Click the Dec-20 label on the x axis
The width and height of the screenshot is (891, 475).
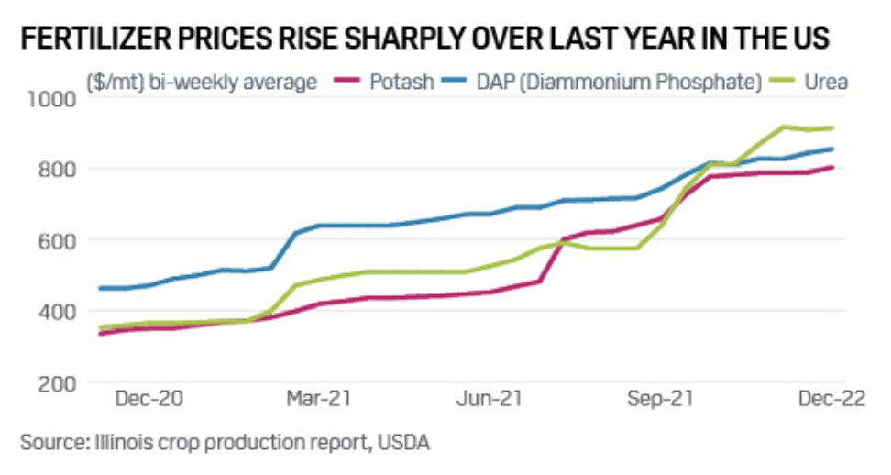point(148,401)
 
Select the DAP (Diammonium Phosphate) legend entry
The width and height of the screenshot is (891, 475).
point(619,82)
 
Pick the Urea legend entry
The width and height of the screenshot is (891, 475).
point(829,82)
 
